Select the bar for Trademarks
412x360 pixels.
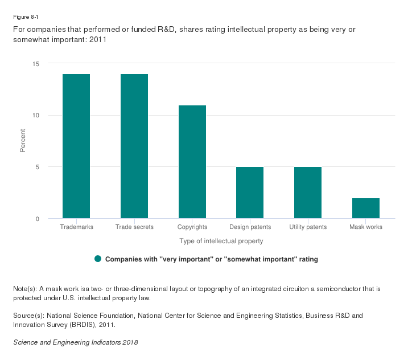point(76,146)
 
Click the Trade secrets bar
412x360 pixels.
point(134,146)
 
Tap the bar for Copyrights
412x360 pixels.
point(192,162)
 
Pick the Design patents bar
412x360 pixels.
point(250,193)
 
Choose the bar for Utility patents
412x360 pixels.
point(308,193)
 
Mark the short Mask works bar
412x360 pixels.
point(366,208)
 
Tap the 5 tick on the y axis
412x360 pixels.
point(37,167)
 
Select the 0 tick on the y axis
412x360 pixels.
point(37,219)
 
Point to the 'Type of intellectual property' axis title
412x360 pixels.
point(221,241)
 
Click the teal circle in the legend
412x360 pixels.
point(98,259)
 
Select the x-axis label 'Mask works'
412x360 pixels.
point(366,227)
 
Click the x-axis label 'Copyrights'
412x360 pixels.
point(192,227)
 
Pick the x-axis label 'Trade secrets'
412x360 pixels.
point(134,227)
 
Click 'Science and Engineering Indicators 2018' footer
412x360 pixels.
point(75,342)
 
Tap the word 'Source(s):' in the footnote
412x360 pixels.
point(28,315)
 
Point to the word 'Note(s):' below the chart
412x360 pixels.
point(26,289)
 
